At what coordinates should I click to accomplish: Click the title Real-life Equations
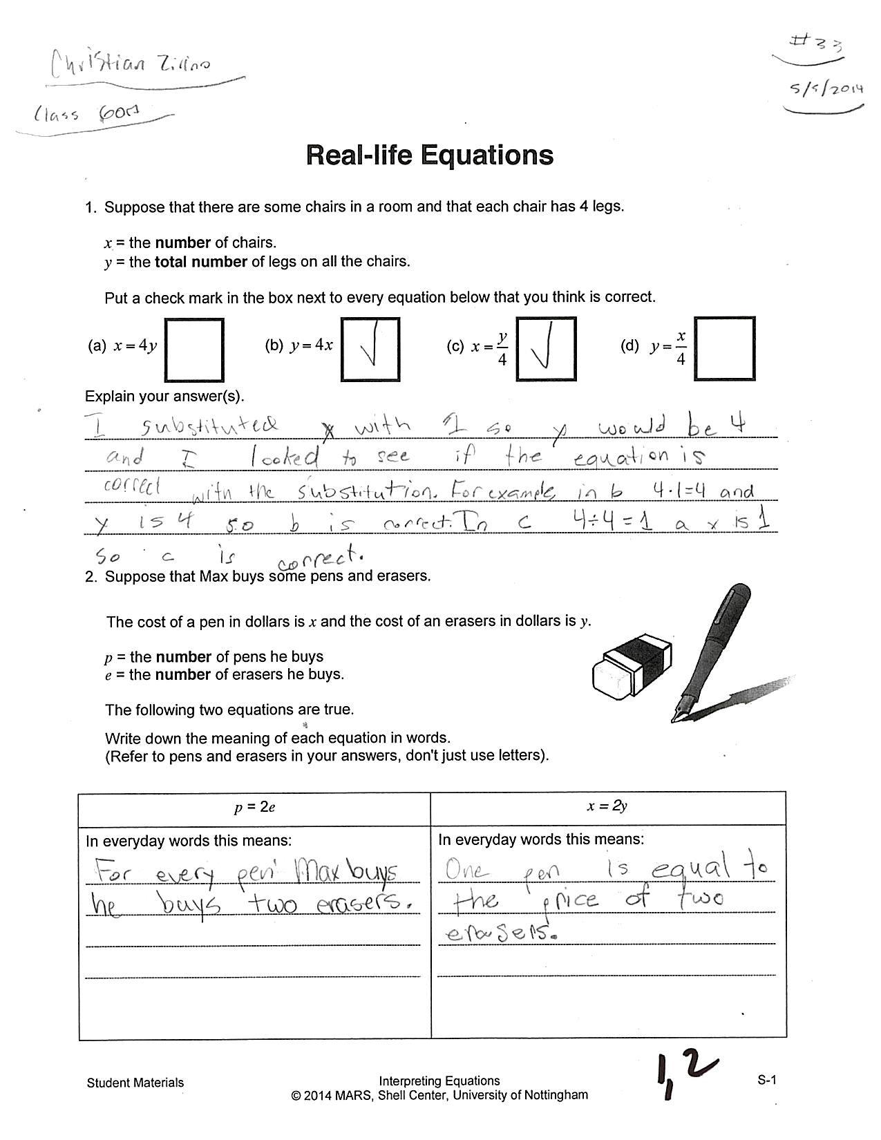pyautogui.click(x=429, y=155)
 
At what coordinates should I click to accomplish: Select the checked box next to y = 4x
pyautogui.click(x=370, y=349)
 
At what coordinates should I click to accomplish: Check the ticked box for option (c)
pyautogui.click(x=546, y=349)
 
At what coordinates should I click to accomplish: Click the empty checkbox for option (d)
pyautogui.click(x=723, y=349)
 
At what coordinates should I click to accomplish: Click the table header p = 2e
pyautogui.click(x=254, y=807)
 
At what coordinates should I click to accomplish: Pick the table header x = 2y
pyautogui.click(x=608, y=806)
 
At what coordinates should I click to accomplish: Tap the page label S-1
pyautogui.click(x=766, y=1081)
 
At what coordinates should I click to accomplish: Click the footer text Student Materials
pyautogui.click(x=135, y=1083)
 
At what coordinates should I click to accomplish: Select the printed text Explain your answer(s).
pyautogui.click(x=164, y=397)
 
